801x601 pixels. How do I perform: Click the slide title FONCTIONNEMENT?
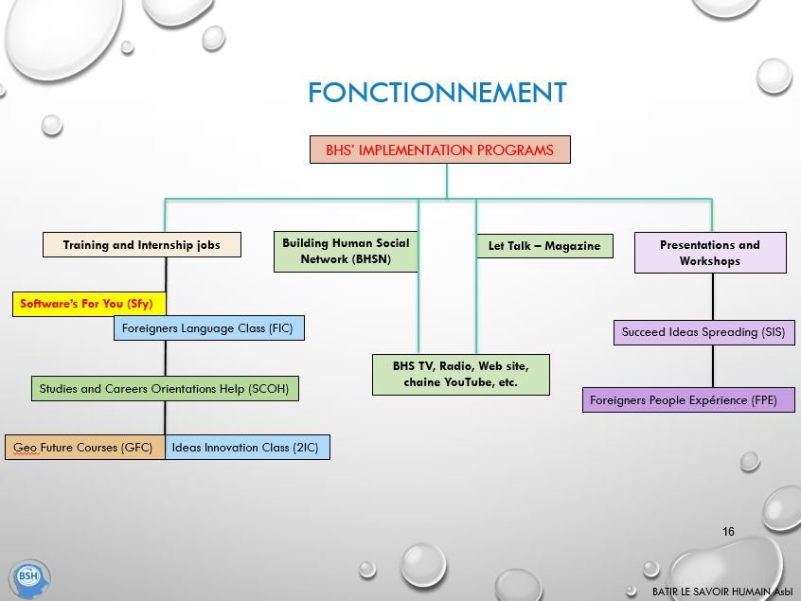(436, 93)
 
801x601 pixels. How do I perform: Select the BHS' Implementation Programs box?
(440, 150)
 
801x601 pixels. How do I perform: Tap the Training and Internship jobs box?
(142, 245)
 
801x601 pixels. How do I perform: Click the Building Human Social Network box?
(346, 251)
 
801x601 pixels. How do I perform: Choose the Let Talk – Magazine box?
(543, 246)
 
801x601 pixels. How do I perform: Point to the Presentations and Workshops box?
(710, 253)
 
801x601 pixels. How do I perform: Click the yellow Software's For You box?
(89, 304)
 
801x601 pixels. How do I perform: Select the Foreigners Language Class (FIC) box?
(208, 328)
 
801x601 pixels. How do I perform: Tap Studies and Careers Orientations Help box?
(164, 388)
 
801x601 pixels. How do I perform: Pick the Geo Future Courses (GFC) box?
(84, 447)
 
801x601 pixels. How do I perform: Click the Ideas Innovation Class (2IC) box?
(247, 447)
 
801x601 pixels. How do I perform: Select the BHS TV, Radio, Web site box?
(460, 374)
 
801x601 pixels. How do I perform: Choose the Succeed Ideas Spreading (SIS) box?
(703, 332)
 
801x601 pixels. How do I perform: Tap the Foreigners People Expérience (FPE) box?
(688, 400)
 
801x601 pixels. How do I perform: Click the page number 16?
(728, 532)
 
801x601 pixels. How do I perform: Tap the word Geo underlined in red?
(25, 447)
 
